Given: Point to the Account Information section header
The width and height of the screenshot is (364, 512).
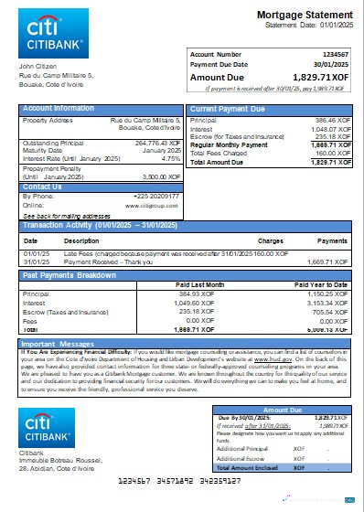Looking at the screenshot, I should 59,109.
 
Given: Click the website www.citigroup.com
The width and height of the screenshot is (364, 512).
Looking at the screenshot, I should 152,205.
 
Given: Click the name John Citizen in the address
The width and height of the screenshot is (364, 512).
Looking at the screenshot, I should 38,67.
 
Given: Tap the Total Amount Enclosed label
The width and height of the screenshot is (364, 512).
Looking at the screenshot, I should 241,467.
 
